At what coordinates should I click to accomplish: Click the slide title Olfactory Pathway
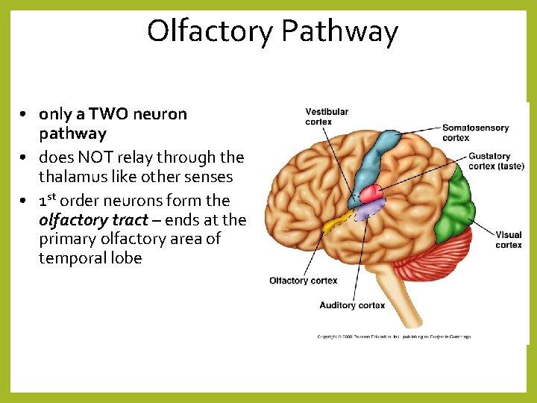pyautogui.click(x=272, y=31)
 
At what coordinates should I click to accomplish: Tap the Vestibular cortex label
pyautogui.click(x=326, y=116)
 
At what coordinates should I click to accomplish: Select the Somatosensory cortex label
pyautogui.click(x=475, y=132)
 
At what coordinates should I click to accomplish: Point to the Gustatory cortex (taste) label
pyautogui.click(x=496, y=161)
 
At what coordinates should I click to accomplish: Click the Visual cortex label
pyautogui.click(x=509, y=240)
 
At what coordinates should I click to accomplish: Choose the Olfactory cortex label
pyautogui.click(x=303, y=281)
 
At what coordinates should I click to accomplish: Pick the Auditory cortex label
pyautogui.click(x=352, y=305)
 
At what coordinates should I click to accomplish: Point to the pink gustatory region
pyautogui.click(x=371, y=193)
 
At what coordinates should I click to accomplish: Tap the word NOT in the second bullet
pyautogui.click(x=95, y=157)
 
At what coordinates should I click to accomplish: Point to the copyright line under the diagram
pyautogui.click(x=394, y=337)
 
